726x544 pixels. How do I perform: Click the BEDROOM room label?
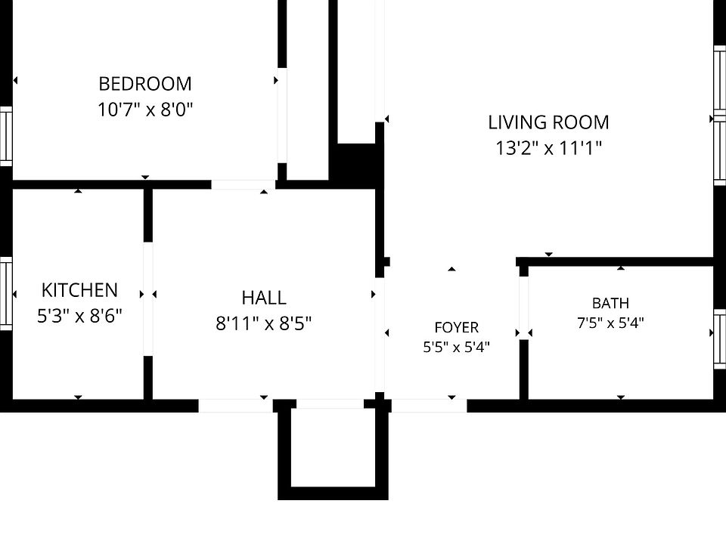pyautogui.click(x=145, y=84)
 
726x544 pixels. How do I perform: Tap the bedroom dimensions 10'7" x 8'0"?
pyautogui.click(x=145, y=110)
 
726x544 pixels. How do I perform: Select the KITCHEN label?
pyautogui.click(x=79, y=290)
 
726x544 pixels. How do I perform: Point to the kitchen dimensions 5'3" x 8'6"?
pyautogui.click(x=79, y=316)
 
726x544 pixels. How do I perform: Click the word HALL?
pyautogui.click(x=264, y=298)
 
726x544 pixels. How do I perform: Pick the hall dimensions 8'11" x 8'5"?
pyautogui.click(x=264, y=323)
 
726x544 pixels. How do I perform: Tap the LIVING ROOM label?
pyautogui.click(x=549, y=122)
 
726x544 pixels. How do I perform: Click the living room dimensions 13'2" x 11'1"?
pyautogui.click(x=549, y=149)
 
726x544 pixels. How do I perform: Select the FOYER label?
pyautogui.click(x=457, y=327)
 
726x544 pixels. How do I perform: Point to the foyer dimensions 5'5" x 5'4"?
pyautogui.click(x=457, y=347)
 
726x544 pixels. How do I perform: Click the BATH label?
pyautogui.click(x=611, y=303)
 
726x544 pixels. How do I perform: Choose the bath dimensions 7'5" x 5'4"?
pyautogui.click(x=611, y=323)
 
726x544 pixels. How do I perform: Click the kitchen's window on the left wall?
pyautogui.click(x=6, y=293)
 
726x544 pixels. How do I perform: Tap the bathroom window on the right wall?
pyautogui.click(x=719, y=339)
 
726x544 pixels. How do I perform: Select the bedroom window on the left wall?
pyautogui.click(x=6, y=136)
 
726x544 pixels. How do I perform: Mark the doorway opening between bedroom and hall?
pyautogui.click(x=244, y=184)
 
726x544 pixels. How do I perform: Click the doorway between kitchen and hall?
pyautogui.click(x=148, y=299)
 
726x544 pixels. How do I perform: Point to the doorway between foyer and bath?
pyautogui.click(x=523, y=308)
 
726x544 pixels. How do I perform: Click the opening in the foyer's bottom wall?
pyautogui.click(x=430, y=406)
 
